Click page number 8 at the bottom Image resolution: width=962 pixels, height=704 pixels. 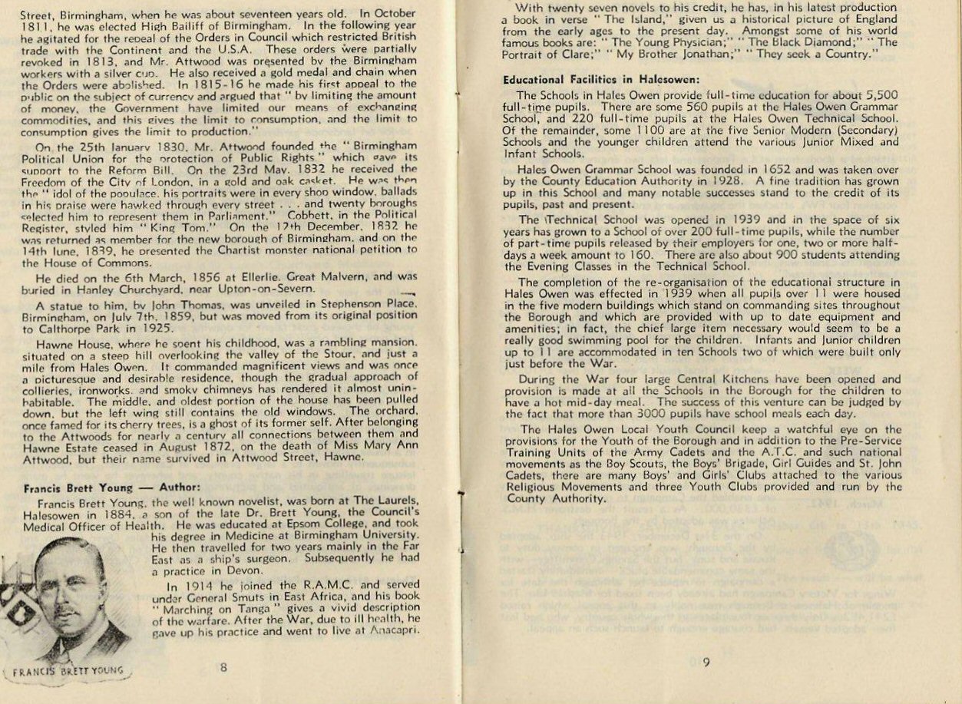[x=223, y=667]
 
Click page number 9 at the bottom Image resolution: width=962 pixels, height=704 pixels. [x=706, y=663]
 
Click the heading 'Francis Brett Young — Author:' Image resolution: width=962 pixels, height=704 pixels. [x=111, y=488]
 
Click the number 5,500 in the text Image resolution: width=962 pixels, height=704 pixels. [x=881, y=95]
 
